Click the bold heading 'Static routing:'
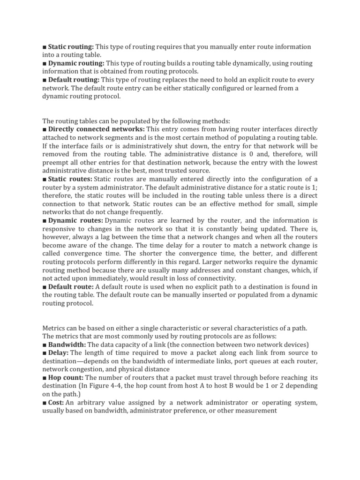(71, 47)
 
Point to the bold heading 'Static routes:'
(70, 179)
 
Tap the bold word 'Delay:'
(59, 352)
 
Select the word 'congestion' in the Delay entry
(86, 369)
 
